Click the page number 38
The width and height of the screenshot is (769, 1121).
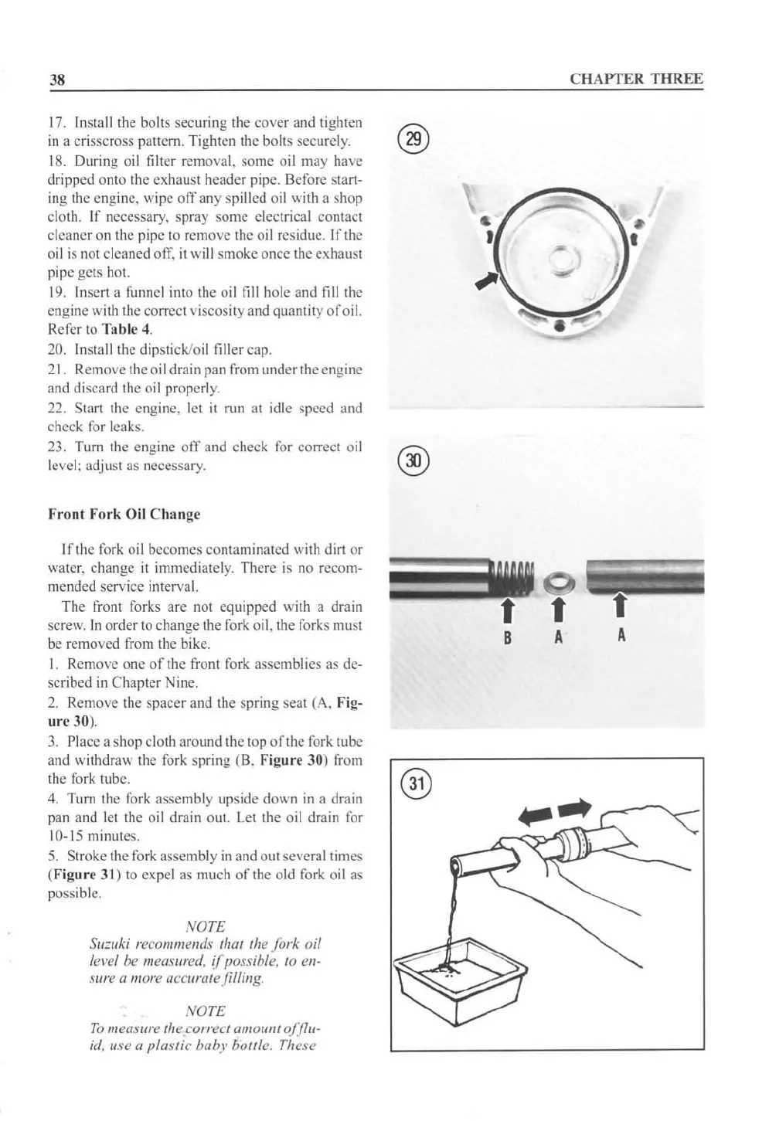click(56, 80)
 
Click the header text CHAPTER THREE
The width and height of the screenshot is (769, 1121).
click(636, 79)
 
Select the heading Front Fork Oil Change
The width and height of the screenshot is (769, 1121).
click(124, 514)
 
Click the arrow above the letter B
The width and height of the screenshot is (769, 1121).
click(507, 608)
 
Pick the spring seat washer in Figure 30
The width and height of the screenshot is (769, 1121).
click(557, 578)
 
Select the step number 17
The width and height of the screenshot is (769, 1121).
click(56, 124)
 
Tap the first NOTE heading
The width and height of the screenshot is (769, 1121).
click(206, 926)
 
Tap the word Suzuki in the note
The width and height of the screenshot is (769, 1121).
click(108, 945)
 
